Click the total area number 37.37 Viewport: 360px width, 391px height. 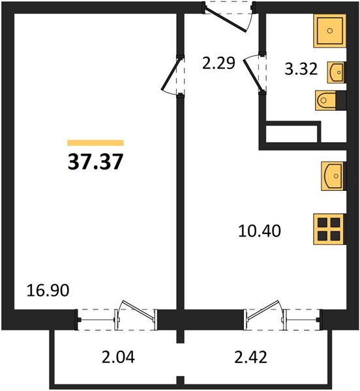96,162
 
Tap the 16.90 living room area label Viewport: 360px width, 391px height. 48,291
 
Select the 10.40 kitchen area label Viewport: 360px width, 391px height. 260,231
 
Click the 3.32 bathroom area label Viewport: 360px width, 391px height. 301,69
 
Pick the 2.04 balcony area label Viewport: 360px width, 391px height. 118,357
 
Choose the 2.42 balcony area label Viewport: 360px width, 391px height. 250,357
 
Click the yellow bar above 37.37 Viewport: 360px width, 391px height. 96,143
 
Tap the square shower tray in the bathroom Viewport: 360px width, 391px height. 330,31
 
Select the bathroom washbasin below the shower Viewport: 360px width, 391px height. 337,72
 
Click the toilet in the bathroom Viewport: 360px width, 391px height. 331,100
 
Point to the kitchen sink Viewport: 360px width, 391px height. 333,176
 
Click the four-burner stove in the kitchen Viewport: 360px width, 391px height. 329,229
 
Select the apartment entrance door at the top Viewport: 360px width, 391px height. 229,17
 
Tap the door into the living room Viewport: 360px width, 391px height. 173,76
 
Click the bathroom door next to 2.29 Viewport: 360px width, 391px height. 254,74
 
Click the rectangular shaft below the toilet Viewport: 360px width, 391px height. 291,134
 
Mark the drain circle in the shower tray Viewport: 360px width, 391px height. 330,31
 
